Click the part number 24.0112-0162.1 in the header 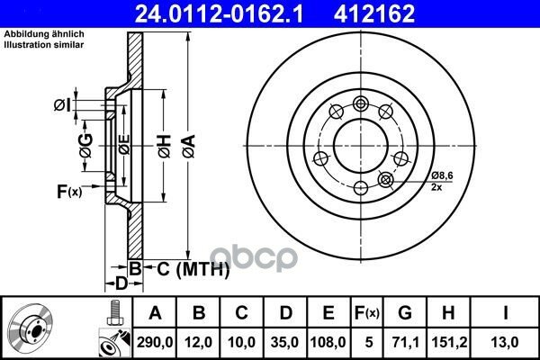tap(219, 13)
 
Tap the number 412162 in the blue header tap(374, 13)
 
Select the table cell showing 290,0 tap(155, 342)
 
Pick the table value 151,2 tap(449, 342)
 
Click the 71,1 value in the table tap(405, 342)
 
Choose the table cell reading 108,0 tap(328, 342)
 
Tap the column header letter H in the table tap(448, 313)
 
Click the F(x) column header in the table tap(367, 313)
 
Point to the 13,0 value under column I tap(505, 342)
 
